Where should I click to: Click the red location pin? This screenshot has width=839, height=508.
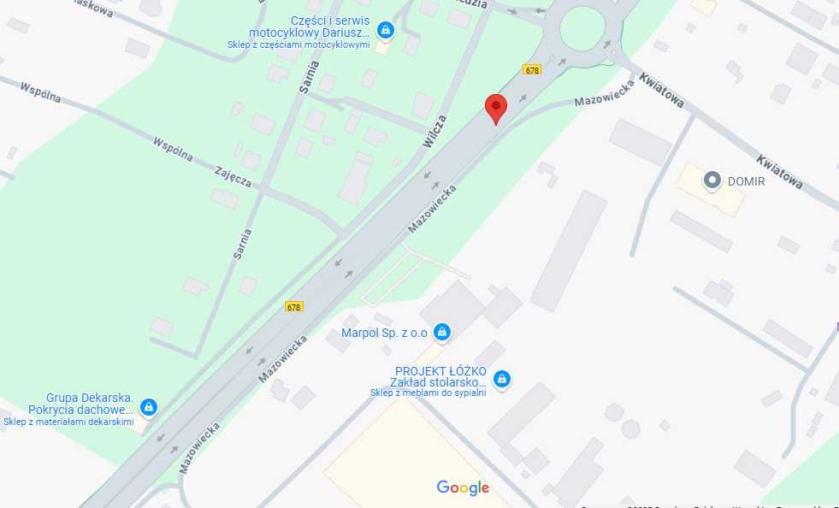tap(496, 108)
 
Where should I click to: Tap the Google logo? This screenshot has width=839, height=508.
tap(463, 488)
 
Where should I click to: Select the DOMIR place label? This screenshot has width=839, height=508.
tap(746, 180)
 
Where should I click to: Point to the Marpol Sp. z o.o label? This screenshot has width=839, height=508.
tap(384, 332)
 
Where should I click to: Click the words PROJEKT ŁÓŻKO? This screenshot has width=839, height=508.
tap(440, 371)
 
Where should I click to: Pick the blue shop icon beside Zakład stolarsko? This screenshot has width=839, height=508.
tap(502, 378)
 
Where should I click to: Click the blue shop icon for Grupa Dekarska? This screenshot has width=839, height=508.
tap(149, 407)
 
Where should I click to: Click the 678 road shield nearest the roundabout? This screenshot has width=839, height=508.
tap(533, 70)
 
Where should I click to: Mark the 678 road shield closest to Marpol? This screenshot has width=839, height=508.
tap(294, 306)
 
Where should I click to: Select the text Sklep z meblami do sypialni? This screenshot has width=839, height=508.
tap(428, 393)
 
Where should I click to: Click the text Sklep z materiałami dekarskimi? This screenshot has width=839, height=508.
tap(68, 422)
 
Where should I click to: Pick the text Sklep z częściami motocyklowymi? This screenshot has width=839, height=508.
tap(298, 44)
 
